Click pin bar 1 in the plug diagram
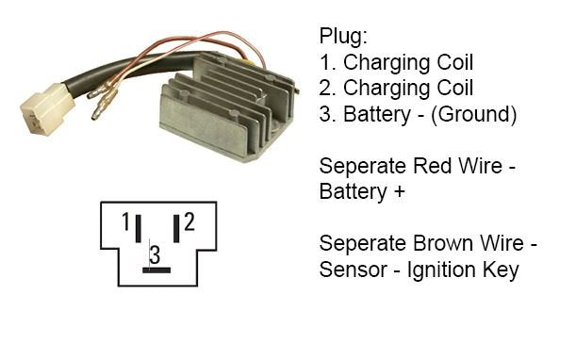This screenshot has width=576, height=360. point(138,227)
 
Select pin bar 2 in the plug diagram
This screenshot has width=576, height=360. point(175,227)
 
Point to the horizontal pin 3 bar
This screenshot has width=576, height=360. point(156,270)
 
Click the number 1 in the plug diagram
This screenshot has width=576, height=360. point(124,222)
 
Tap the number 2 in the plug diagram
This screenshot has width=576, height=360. point(189,222)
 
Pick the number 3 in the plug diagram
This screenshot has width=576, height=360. point(156,254)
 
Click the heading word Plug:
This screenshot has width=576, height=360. point(344,39)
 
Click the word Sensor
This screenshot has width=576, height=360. point(354,270)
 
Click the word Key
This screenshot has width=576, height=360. point(501,270)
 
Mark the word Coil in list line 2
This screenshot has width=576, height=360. point(452,90)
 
